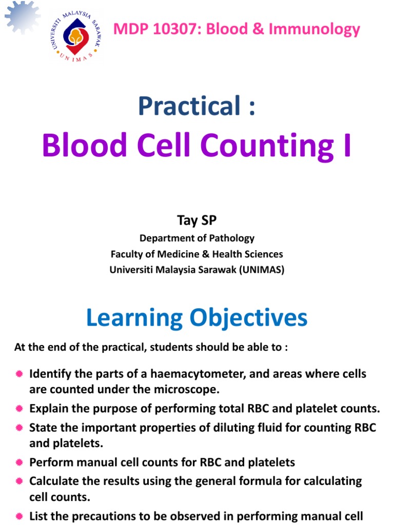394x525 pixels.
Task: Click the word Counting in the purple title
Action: [266, 145]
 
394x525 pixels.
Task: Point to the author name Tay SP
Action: [196, 220]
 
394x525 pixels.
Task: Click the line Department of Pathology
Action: [196, 238]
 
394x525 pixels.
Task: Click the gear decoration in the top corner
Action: [23, 18]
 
